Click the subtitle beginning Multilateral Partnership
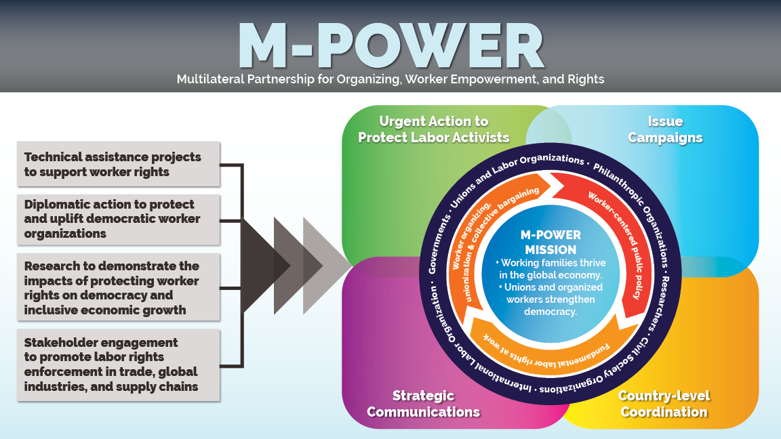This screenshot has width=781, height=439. point(390,79)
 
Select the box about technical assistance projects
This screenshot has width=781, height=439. point(119,164)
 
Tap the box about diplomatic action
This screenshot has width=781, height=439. point(119,219)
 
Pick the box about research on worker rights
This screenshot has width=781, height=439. point(119,287)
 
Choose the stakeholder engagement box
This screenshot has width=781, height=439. point(119,364)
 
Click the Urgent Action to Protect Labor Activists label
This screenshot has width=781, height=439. point(434,129)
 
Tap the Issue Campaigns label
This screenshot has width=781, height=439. point(665,129)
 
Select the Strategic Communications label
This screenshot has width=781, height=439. point(424,404)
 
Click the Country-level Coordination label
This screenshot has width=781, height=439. point(664,404)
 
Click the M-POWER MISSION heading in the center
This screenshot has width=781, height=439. point(550,242)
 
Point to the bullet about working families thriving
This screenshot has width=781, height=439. point(550,269)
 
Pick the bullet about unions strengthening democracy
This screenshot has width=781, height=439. point(550,299)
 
